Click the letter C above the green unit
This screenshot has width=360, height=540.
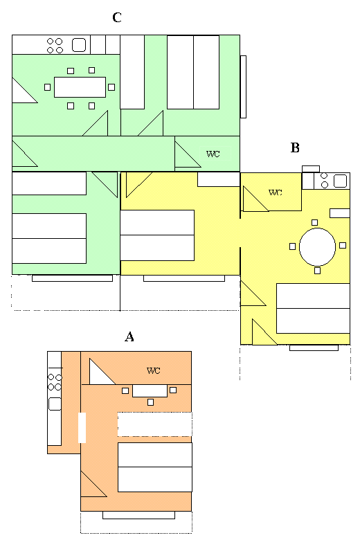pos(117,17)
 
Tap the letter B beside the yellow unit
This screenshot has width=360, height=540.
pos(295,147)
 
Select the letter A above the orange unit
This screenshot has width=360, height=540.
pos(129,337)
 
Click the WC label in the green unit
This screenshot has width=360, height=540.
pos(213,154)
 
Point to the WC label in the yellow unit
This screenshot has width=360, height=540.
pos(276,192)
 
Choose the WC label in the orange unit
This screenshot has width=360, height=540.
pos(153,370)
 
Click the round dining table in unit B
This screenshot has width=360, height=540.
pos(317,246)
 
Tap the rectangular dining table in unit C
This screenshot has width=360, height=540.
pos(80,87)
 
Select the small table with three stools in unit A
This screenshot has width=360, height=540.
pos(150,391)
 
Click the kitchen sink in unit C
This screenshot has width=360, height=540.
pos(79,45)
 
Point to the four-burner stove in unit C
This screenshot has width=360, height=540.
pos(55,46)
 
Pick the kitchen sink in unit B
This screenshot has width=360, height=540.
pos(340,181)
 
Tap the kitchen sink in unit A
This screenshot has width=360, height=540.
pos(55,404)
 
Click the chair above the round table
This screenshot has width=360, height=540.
pos(314,222)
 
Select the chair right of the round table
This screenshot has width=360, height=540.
pos(343,245)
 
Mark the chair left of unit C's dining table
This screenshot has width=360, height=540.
pos(48,87)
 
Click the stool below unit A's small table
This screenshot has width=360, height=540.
pos(150,402)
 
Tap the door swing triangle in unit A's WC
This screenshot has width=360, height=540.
pos(98,375)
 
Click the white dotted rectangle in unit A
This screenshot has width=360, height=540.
pos(154,424)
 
